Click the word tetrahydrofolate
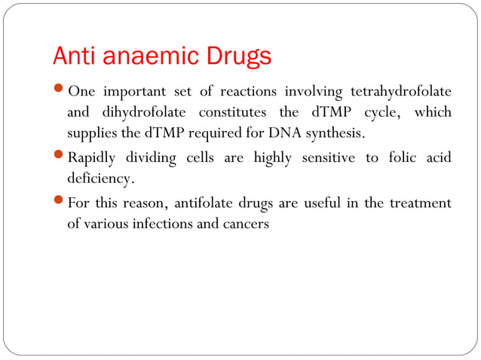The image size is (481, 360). [x=401, y=92]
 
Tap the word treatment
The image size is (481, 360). [x=421, y=204]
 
